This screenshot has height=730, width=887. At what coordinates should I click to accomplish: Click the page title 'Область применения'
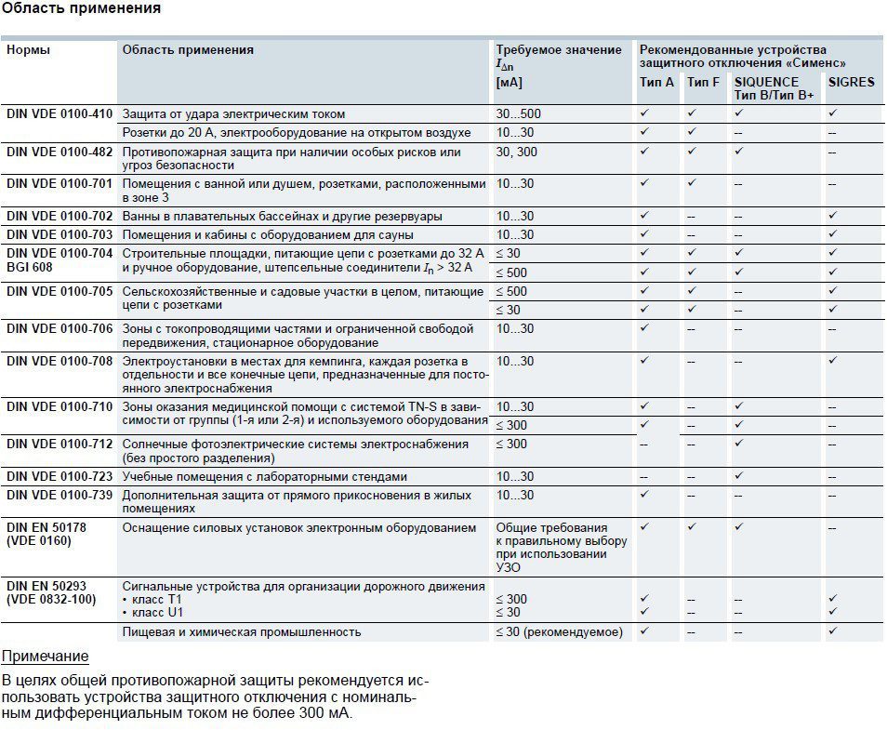81,8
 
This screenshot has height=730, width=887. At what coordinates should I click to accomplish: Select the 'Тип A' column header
656,82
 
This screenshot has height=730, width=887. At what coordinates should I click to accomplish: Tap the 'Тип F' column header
703,82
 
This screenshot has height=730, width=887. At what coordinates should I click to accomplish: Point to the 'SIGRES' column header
851,82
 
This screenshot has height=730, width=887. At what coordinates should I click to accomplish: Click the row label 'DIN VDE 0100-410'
60,114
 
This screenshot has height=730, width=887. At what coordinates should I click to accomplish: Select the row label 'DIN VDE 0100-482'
60,152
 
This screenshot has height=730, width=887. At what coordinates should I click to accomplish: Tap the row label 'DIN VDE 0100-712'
60,445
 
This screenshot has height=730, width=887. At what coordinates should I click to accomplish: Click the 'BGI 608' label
30,267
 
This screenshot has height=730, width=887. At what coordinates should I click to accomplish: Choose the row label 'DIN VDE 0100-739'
60,496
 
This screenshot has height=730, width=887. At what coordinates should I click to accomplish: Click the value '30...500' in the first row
518,114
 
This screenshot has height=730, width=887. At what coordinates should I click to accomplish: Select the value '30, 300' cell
516,152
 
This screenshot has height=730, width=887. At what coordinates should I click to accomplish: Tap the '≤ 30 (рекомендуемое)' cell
559,632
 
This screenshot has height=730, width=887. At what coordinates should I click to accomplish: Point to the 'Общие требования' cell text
551,528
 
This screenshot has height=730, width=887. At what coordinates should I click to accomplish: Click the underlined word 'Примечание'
46,657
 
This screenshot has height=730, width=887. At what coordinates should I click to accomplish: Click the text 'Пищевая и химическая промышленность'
241,632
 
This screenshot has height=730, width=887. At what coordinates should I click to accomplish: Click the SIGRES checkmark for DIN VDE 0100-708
833,360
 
